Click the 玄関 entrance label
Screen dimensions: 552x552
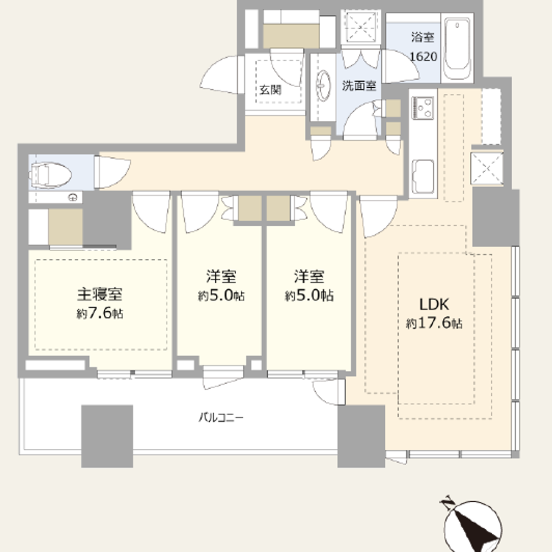pyautogui.click(x=270, y=90)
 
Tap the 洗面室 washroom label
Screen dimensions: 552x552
pyautogui.click(x=359, y=86)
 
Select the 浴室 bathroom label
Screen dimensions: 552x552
pyautogui.click(x=423, y=38)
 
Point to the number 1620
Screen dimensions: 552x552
pyautogui.click(x=423, y=56)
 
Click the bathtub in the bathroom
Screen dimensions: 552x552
pyautogui.click(x=457, y=49)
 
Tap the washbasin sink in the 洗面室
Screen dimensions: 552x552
pyautogui.click(x=323, y=86)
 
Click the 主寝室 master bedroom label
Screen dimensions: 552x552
pyautogui.click(x=99, y=294)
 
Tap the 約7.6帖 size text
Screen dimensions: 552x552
pyautogui.click(x=100, y=314)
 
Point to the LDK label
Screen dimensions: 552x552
pyautogui.click(x=434, y=305)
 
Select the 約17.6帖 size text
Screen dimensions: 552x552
pyautogui.click(x=434, y=323)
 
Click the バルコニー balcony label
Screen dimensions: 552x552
pyautogui.click(x=221, y=418)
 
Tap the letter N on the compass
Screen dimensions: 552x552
pyautogui.click(x=448, y=504)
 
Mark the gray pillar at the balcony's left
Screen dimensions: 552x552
pyautogui.click(x=107, y=436)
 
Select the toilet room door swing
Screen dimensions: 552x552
pyautogui.click(x=112, y=172)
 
